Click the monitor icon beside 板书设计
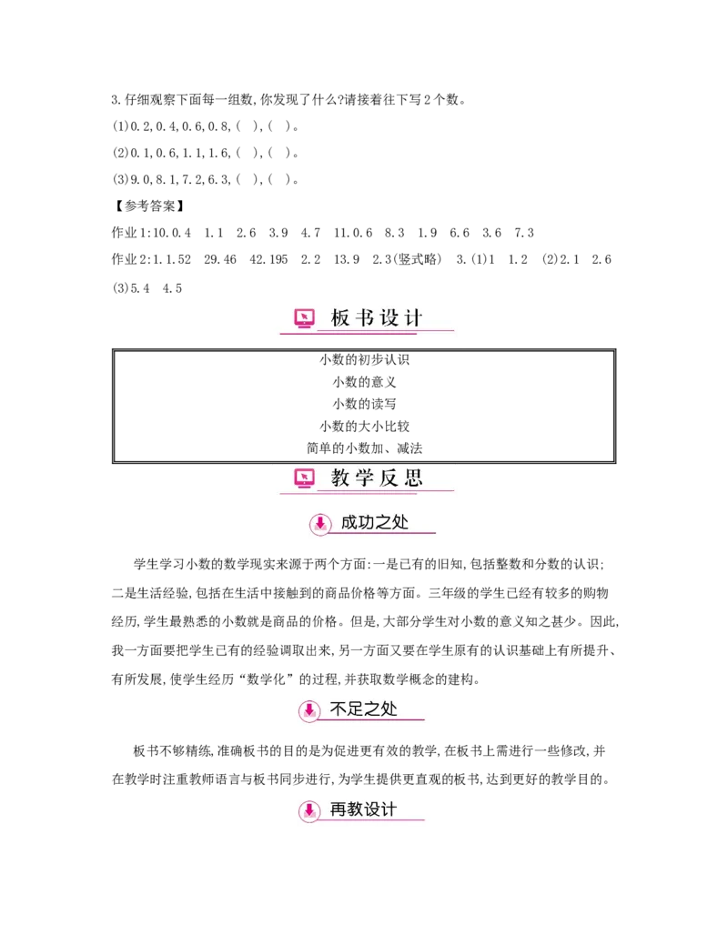coord(305,318)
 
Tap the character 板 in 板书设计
coord(340,318)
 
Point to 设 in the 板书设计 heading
coord(389,318)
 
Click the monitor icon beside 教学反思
coord(305,478)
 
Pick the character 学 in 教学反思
coord(365,478)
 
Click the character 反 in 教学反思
coord(389,478)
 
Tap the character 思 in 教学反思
coord(414,478)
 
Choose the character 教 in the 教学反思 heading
coord(340,478)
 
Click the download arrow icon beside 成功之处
coord(319,523)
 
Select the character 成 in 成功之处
coord(349,523)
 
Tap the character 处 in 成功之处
coord(400,523)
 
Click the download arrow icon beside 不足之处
coord(309,709)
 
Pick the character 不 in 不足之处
coord(339,709)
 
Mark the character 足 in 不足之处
coord(356,709)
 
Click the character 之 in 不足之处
coord(373,709)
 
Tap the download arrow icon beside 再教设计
coord(309,810)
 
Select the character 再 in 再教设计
coord(339,809)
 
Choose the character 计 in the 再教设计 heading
coord(389,809)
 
